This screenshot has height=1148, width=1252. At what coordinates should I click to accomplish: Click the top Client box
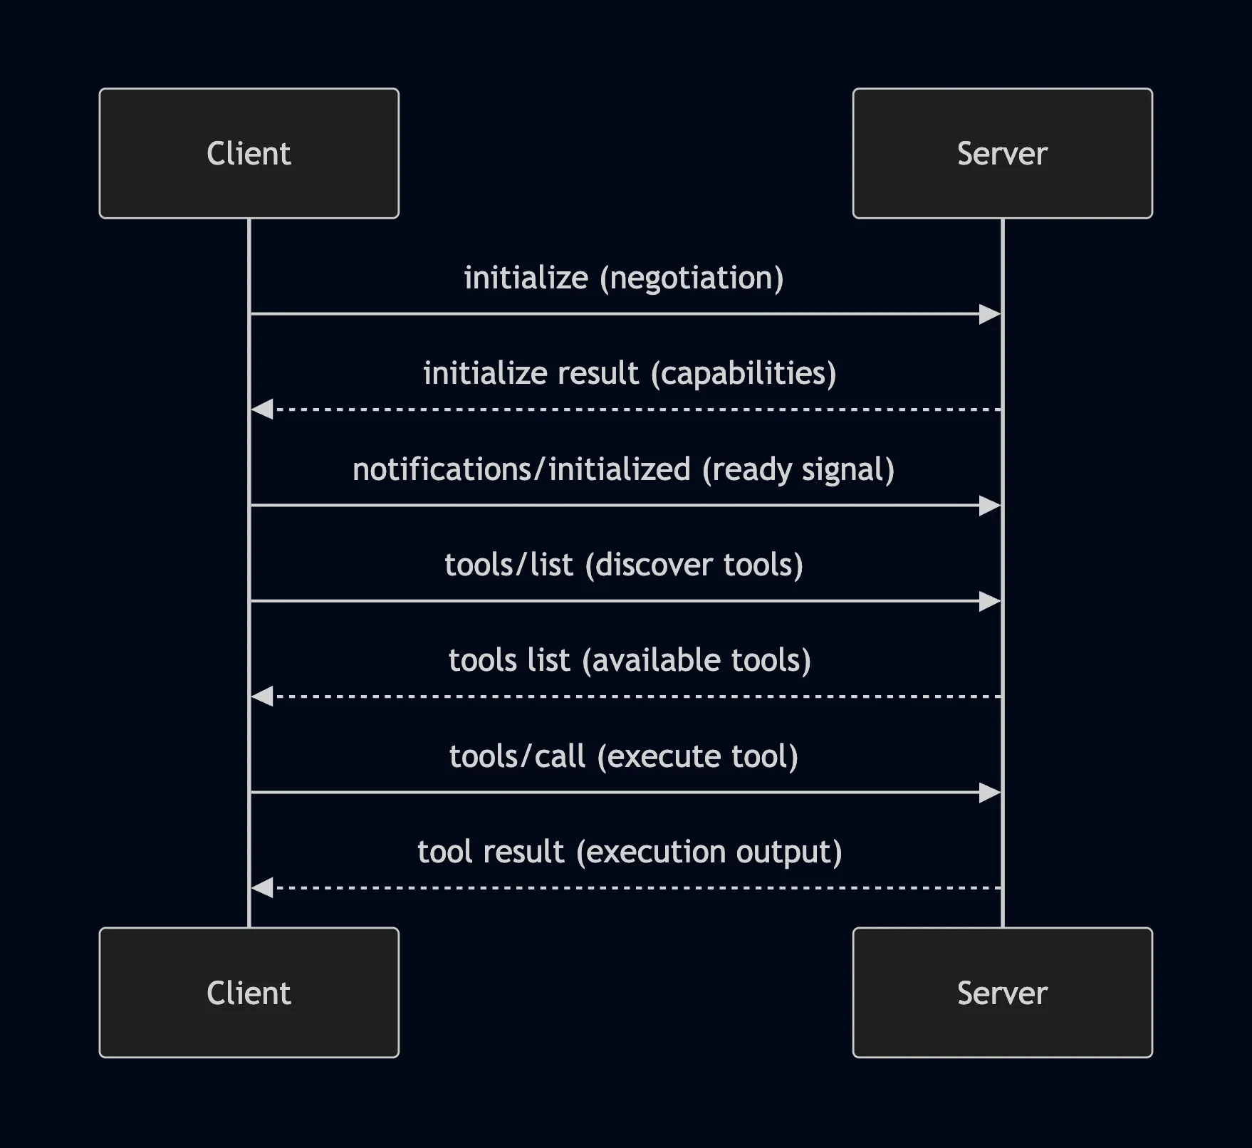pyautogui.click(x=249, y=153)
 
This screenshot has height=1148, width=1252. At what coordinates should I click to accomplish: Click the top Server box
pyautogui.click(x=1002, y=153)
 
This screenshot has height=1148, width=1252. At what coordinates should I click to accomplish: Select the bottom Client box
pyautogui.click(x=249, y=992)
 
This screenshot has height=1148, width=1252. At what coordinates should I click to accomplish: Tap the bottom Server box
pyautogui.click(x=1002, y=992)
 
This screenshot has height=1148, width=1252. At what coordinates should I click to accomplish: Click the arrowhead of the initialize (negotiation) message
pyautogui.click(x=990, y=314)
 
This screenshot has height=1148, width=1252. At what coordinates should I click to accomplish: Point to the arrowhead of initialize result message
pyautogui.click(x=262, y=409)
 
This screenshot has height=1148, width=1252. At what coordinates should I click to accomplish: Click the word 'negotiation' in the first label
pyautogui.click(x=691, y=278)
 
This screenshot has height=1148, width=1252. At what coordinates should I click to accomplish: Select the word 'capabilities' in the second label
pyautogui.click(x=744, y=373)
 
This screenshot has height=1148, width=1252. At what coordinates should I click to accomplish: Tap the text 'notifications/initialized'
pyautogui.click(x=521, y=469)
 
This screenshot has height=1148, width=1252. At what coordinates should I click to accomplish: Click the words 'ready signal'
pyautogui.click(x=798, y=469)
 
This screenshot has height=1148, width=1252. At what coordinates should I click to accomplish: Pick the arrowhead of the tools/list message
pyautogui.click(x=990, y=602)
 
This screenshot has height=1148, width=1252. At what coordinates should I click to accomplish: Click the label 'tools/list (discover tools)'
pyautogui.click(x=624, y=565)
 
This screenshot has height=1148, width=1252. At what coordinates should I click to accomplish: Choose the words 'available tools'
pyautogui.click(x=697, y=660)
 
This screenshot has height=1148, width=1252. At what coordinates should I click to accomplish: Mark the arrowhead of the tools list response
pyautogui.click(x=262, y=696)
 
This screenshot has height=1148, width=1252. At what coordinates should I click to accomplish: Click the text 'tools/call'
pyautogui.click(x=517, y=756)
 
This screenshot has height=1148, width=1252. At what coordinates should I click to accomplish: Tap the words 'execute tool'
pyautogui.click(x=697, y=756)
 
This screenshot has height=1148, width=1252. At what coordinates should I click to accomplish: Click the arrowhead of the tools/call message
pyautogui.click(x=990, y=793)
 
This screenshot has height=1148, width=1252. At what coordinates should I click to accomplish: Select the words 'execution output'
pyautogui.click(x=709, y=852)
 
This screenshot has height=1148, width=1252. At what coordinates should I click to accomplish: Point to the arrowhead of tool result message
pyautogui.click(x=262, y=888)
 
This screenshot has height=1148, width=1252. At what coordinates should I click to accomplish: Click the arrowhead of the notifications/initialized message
pyautogui.click(x=990, y=506)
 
